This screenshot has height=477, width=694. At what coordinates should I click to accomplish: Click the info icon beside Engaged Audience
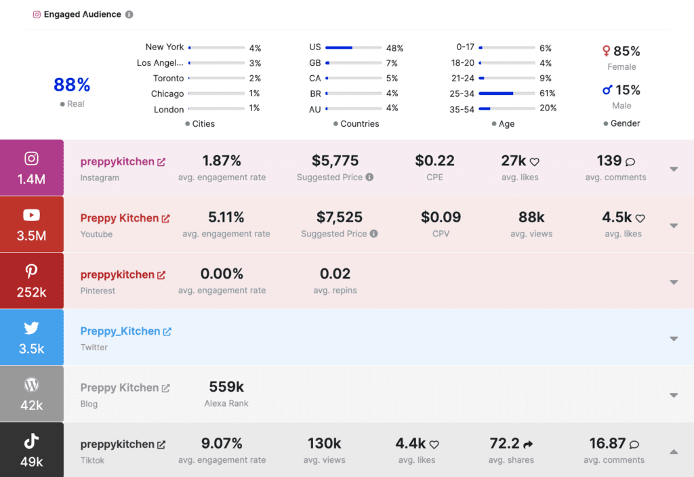[129, 14]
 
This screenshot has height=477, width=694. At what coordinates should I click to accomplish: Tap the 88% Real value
[72, 85]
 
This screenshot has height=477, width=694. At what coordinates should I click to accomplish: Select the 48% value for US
[394, 48]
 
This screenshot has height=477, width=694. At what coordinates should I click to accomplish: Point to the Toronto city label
[168, 79]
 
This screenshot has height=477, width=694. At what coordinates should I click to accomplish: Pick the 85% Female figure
[626, 51]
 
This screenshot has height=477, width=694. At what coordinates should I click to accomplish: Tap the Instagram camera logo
[31, 159]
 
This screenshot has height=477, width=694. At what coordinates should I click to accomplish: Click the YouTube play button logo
[31, 215]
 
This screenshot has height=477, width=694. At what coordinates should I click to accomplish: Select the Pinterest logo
[31, 272]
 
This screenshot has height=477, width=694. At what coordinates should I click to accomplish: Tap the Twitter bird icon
[31, 328]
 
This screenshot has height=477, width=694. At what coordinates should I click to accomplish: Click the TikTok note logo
[31, 441]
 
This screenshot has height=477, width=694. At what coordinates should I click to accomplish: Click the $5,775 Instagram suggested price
[335, 161]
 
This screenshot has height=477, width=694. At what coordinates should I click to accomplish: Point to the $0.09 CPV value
[441, 217]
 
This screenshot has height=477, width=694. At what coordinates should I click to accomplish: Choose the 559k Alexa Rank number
[226, 387]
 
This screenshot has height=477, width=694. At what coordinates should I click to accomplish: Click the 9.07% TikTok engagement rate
[222, 444]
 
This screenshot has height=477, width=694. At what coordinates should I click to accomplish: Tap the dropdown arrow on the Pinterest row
[674, 282]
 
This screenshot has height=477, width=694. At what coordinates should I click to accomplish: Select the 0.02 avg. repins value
[335, 274]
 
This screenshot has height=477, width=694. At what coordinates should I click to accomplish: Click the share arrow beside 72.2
[529, 444]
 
